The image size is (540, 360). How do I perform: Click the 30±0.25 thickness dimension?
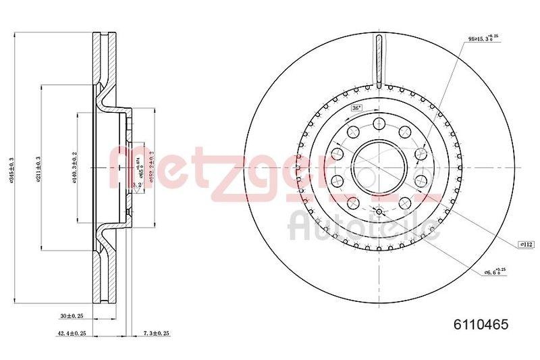tap(71, 315)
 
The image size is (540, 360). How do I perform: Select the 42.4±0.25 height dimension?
tap(71, 333)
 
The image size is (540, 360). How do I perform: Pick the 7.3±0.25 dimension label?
tap(155, 333)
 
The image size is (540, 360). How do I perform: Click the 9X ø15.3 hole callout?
tap(485, 40)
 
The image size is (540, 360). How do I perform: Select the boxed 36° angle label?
tap(356, 108)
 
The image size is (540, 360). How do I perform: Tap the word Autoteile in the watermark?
tap(364, 226)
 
